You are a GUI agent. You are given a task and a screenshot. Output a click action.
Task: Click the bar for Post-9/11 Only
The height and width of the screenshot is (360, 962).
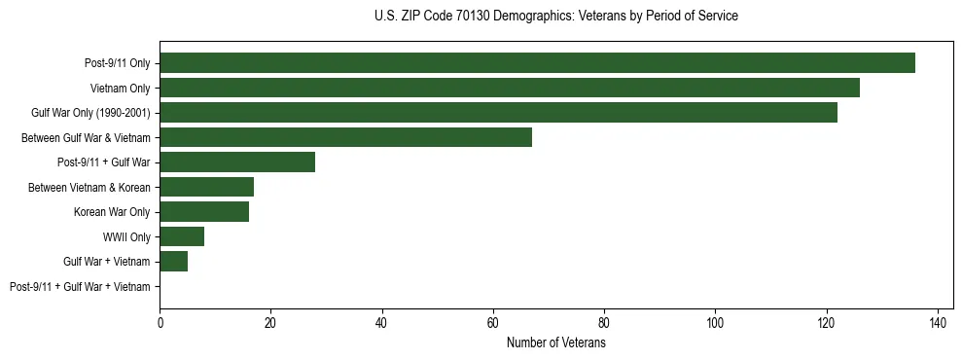click(537, 63)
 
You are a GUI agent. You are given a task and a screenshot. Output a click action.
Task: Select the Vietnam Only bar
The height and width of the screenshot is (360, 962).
click(510, 88)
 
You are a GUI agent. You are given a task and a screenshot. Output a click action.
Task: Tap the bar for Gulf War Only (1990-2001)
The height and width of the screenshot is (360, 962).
click(498, 113)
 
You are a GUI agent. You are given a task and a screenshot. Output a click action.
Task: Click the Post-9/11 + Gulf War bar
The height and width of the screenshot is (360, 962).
click(237, 162)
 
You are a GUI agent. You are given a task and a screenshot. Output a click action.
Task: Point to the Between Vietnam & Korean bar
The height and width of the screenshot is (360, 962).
click(206, 187)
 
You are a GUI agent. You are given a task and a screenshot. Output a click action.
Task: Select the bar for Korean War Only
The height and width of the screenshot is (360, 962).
click(204, 212)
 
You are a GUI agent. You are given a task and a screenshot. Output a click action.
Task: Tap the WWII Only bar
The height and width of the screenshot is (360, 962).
click(182, 236)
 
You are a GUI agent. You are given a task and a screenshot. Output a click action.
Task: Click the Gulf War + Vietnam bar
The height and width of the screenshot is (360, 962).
click(173, 262)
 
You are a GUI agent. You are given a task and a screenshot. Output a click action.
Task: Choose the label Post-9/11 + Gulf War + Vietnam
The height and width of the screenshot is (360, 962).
click(80, 287)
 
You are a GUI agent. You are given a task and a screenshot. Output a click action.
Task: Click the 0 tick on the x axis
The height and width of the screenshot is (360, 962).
click(160, 322)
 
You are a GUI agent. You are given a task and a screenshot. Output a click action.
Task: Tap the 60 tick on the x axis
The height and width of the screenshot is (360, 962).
click(493, 322)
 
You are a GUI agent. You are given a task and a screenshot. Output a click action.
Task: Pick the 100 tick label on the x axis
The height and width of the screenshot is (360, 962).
click(715, 322)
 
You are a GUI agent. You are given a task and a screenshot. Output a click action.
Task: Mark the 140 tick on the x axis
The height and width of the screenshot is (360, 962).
click(938, 322)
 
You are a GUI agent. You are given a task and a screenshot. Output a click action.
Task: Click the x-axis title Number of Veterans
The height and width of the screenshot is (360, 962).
click(555, 343)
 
